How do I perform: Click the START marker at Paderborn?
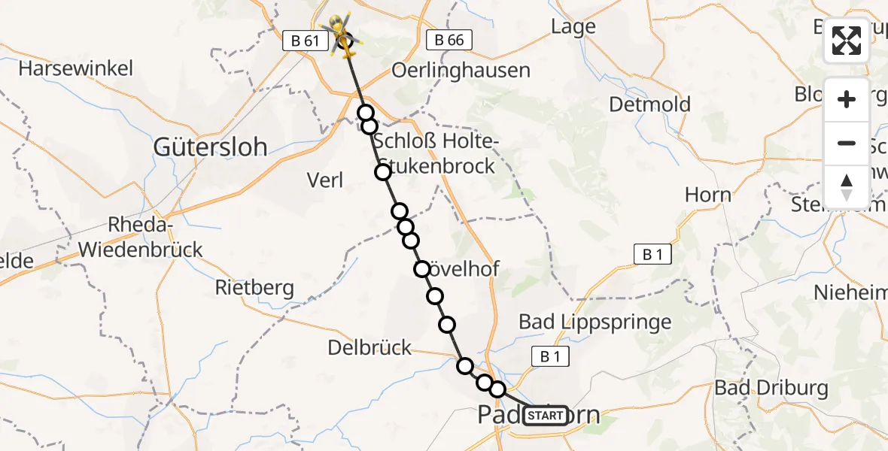546,416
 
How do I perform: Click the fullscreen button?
847,41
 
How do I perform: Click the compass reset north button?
847,187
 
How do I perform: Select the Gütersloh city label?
210,147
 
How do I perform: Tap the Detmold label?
649,104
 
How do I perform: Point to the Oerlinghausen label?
461,70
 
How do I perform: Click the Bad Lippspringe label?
595,322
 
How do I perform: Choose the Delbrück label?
370,347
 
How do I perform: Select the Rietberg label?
254,287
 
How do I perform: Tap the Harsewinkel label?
76,68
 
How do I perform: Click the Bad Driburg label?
771,388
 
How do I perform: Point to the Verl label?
325,180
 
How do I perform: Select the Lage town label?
573,26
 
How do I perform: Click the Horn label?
707,195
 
